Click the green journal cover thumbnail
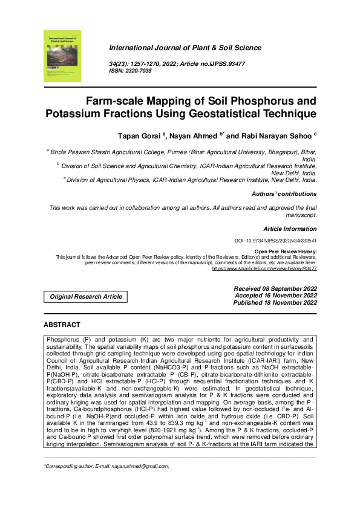tap(62, 56)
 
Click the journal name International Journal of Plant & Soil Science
tap(185, 48)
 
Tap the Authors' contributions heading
tap(284, 194)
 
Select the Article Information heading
tap(289, 229)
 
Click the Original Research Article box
tap(85, 297)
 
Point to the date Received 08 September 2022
tap(275, 289)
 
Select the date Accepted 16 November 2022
tap(275, 296)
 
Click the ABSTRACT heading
tap(62, 325)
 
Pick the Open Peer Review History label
tap(285, 251)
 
